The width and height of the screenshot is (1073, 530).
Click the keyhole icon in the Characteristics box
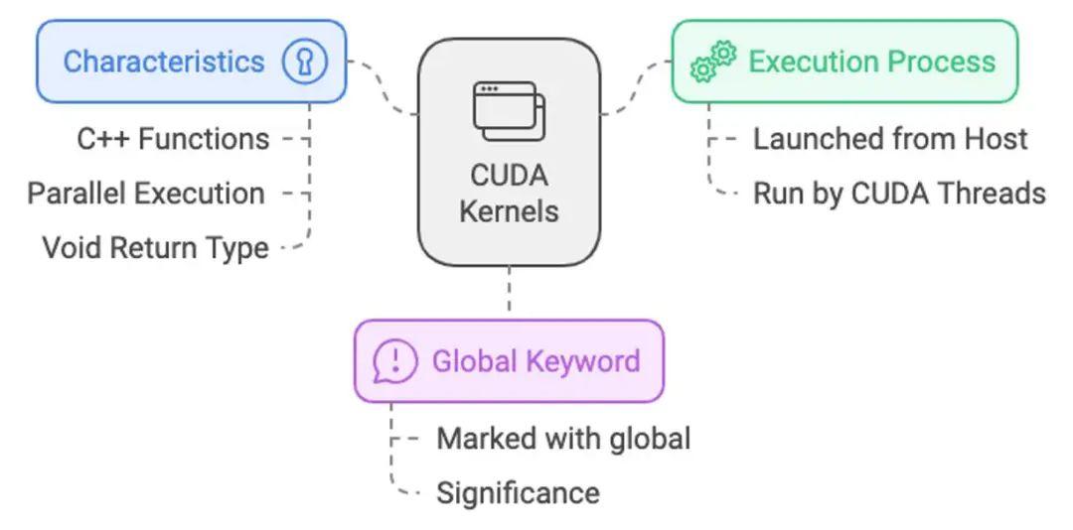click(304, 63)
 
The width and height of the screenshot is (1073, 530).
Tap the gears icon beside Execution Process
click(712, 62)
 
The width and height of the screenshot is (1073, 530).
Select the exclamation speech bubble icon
click(394, 361)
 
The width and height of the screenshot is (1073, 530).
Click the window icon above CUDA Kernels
click(509, 111)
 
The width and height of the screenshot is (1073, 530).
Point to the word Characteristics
click(164, 62)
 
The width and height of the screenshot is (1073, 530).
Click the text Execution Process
click(871, 62)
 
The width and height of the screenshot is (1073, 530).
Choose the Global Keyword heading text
click(536, 361)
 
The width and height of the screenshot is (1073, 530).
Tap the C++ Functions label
click(173, 139)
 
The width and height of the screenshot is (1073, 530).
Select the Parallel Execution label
click(146, 193)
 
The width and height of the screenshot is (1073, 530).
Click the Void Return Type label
click(155, 247)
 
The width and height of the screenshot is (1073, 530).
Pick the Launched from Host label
click(890, 139)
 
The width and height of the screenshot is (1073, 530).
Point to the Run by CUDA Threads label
click(899, 193)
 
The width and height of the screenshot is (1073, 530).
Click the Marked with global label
click(563, 438)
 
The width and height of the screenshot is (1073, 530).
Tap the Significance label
click(518, 492)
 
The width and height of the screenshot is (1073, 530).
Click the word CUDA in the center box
click(509, 176)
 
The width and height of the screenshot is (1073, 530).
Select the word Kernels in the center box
click(509, 210)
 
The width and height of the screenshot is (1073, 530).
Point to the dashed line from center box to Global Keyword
click(509, 292)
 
